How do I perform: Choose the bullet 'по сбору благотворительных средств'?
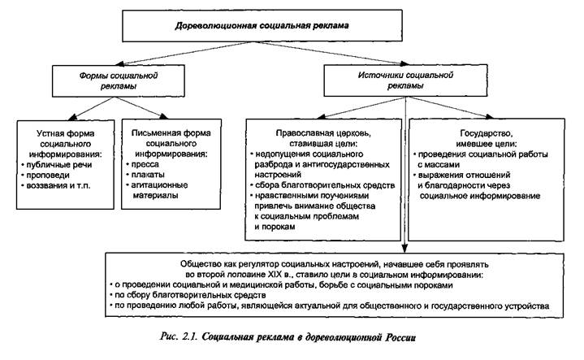(x=189, y=296)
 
